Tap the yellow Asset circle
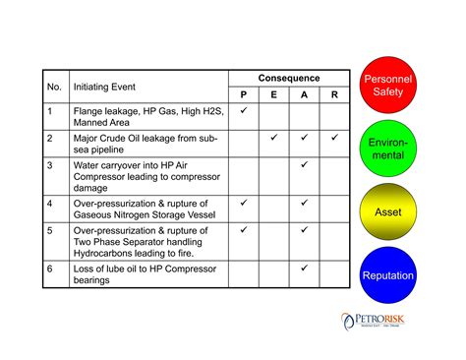pyautogui.click(x=387, y=212)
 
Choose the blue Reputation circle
pyautogui.click(x=387, y=275)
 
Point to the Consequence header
pyautogui.click(x=289, y=78)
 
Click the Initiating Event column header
pyautogui.click(x=105, y=87)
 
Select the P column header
pyautogui.click(x=244, y=94)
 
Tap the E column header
pyautogui.click(x=274, y=94)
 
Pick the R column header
pyautogui.click(x=334, y=94)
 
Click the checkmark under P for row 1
pyautogui.click(x=244, y=111)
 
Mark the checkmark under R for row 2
pyautogui.click(x=334, y=138)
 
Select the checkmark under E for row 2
pyautogui.click(x=274, y=138)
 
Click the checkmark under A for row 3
pyautogui.click(x=304, y=164)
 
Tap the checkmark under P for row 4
pyautogui.click(x=244, y=203)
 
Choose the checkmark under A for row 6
pyautogui.click(x=304, y=267)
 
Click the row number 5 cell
pyautogui.click(x=50, y=230)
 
